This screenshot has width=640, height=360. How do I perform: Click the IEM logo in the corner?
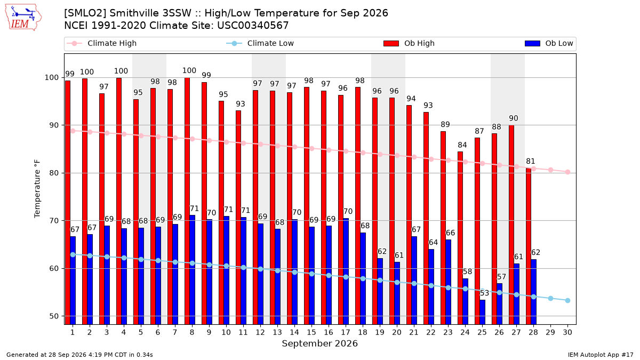pyautogui.click(x=23, y=18)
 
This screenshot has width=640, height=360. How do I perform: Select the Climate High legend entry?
pyautogui.click(x=101, y=43)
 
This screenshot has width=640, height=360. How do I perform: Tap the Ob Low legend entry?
pyautogui.click(x=549, y=43)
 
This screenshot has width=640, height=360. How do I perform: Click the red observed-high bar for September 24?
pyautogui.click(x=460, y=238)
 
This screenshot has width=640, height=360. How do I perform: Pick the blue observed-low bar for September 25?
pyautogui.click(x=482, y=312)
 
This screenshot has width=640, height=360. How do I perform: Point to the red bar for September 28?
pyautogui.click(x=529, y=246)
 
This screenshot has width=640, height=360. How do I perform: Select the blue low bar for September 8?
pyautogui.click(x=193, y=270)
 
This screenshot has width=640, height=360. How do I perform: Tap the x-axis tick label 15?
pyautogui.click(x=311, y=332)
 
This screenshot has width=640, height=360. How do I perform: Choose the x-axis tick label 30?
pyautogui.click(x=567, y=332)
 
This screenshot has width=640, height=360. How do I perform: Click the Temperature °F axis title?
pyautogui.click(x=37, y=189)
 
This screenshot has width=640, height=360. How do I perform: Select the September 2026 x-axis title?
pyautogui.click(x=319, y=343)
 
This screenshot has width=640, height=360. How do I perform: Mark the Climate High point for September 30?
pyautogui.click(x=567, y=172)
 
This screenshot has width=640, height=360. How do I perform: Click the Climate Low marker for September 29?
pyautogui.click(x=550, y=298)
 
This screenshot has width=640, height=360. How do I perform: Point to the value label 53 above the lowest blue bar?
pyautogui.click(x=484, y=293)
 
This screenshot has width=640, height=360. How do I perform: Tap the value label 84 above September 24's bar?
pyautogui.click(x=462, y=145)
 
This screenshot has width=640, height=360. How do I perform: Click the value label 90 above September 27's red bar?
pyautogui.click(x=514, y=118)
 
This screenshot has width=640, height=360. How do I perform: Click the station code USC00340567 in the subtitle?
pyautogui.click(x=253, y=26)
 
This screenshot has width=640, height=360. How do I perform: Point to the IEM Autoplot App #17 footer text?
pyautogui.click(x=601, y=355)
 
